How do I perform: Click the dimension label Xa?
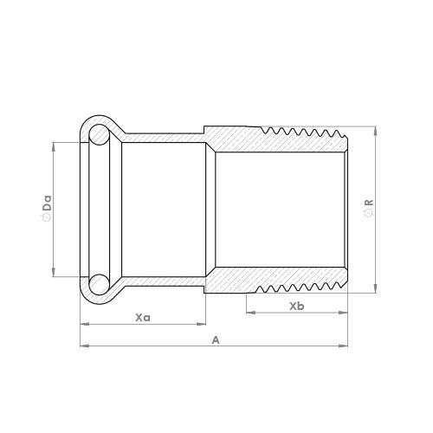click(x=143, y=318)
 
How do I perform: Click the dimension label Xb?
click(x=297, y=307)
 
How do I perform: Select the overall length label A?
click(x=216, y=340)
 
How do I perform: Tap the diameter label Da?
click(x=47, y=203)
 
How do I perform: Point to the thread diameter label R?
click(x=369, y=203)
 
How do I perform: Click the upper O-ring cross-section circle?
click(x=100, y=134)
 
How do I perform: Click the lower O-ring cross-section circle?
click(x=100, y=285)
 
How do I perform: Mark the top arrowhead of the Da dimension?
click(x=54, y=146)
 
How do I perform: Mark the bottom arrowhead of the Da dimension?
click(x=54, y=272)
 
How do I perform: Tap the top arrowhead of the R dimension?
click(x=375, y=131)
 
